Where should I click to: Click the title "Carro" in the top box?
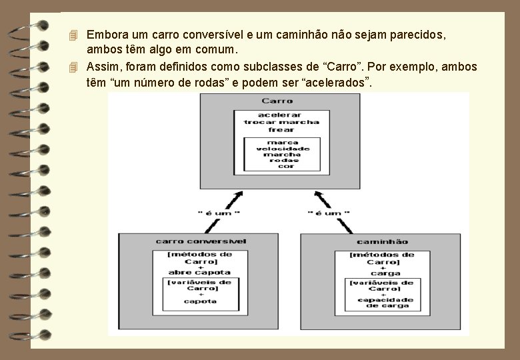point(277,101)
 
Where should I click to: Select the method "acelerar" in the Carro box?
point(281,115)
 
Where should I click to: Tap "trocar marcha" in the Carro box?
point(281,122)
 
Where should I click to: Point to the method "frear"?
point(281,129)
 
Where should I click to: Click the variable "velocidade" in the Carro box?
point(282,148)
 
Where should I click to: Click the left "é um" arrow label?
point(219,213)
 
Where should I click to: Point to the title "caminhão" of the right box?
point(383,241)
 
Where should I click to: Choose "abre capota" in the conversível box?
point(200,272)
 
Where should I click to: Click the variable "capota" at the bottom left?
point(201,301)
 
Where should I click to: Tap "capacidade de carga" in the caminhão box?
point(386,302)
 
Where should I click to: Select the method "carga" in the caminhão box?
point(386,273)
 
